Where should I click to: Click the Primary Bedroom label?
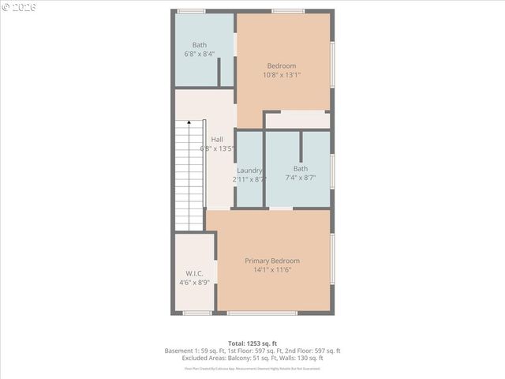coord(271,261)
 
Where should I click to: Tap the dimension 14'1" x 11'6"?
coord(271,270)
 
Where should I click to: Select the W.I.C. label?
coord(194,273)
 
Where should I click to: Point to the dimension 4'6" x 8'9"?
coord(194,282)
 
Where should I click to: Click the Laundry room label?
coord(249,170)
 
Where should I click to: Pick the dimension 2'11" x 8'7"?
coord(249,179)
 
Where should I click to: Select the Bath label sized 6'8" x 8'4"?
coord(200,45)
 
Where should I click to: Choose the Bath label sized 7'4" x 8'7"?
coord(301,168)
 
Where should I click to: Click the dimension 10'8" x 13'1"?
coord(282,75)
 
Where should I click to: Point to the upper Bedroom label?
coord(282,66)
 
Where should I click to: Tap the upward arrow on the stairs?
coord(189,124)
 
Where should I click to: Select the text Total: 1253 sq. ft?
coord(252,342)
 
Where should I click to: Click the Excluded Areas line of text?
coord(252,358)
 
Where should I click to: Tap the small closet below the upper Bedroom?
coord(297,120)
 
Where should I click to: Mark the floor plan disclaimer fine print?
coord(252,368)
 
